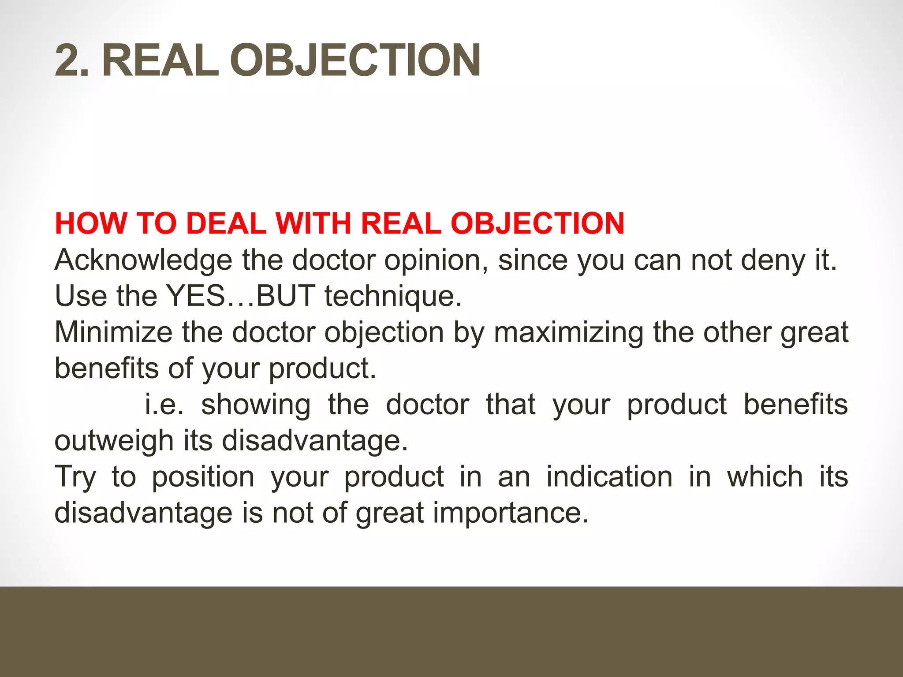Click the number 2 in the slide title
click(x=68, y=60)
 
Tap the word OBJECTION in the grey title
click(x=355, y=60)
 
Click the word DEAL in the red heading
click(x=226, y=223)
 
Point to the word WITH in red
click(x=313, y=223)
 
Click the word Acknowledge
click(x=143, y=260)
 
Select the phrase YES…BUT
click(x=241, y=296)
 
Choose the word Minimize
click(x=113, y=332)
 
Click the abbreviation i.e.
click(x=164, y=405)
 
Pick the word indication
click(x=609, y=477)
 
